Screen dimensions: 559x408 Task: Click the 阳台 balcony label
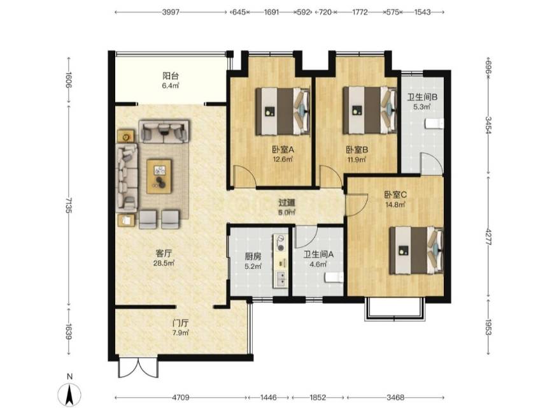171,76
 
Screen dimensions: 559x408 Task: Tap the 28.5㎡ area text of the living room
164,263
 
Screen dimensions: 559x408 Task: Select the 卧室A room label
283,150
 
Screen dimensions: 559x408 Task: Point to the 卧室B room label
357,150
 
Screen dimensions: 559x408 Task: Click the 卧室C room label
395,195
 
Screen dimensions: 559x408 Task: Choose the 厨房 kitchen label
253,256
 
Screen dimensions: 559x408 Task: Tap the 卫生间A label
318,254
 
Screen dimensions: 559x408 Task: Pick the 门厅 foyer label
180,323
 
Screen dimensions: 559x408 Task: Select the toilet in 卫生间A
334,277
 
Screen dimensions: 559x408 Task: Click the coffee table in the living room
159,177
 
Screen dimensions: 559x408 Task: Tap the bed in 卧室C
416,251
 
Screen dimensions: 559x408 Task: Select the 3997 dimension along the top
171,12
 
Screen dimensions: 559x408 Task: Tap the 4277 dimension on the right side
488,237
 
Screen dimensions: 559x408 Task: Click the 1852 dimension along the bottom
318,397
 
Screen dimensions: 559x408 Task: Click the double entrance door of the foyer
138,367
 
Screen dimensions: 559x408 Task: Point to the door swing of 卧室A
244,177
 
